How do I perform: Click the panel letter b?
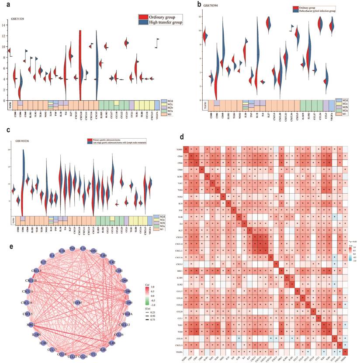pyautogui.click(x=187, y=5)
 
